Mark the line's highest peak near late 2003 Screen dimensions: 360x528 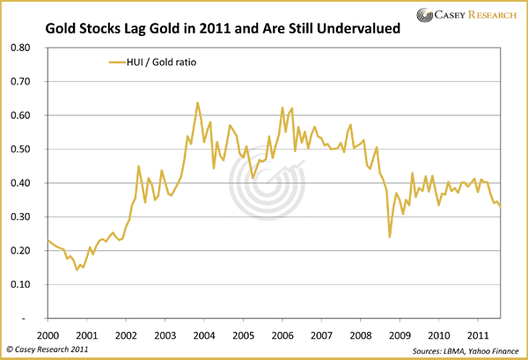pos(197,103)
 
